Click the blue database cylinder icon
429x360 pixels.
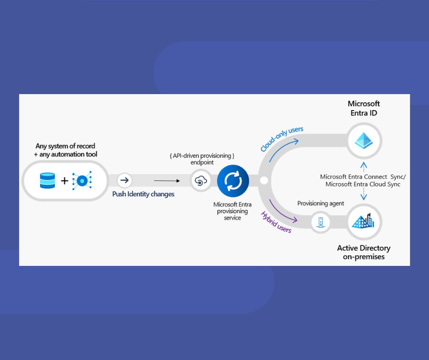click(47, 180)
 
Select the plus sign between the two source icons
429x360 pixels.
click(64, 181)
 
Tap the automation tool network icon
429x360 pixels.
click(82, 180)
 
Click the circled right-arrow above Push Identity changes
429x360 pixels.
click(124, 180)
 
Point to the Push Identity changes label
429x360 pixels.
click(143, 194)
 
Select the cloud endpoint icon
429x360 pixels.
click(201, 181)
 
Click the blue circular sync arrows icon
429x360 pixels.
click(233, 181)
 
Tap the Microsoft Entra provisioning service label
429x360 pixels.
click(232, 211)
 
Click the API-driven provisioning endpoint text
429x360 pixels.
click(202, 159)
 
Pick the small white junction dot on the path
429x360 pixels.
click(264, 181)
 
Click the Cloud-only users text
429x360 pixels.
click(282, 139)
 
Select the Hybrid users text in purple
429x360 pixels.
click(276, 222)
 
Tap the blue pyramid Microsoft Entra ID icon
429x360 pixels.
click(364, 140)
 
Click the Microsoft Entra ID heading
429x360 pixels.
click(364, 108)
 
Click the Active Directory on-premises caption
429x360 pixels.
click(364, 252)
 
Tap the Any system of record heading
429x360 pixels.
click(66, 150)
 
